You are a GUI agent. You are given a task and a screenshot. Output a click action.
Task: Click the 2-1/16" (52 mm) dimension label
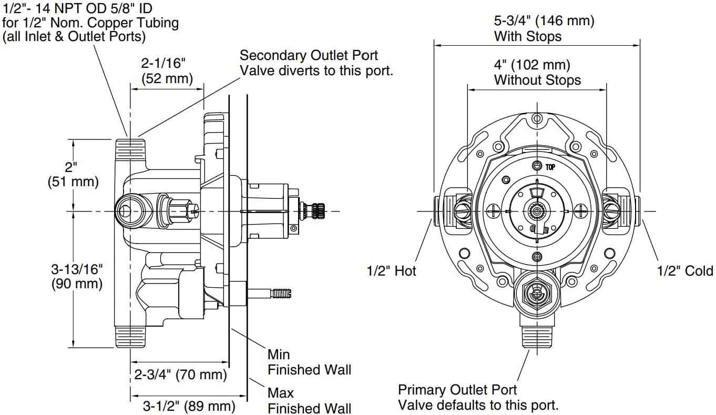coord(167,70)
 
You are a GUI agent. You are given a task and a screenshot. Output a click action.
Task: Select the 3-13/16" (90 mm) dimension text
coord(77,276)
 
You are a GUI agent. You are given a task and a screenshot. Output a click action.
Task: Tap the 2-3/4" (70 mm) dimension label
coord(180,374)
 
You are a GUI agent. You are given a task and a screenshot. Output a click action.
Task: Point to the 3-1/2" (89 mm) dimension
coord(189,406)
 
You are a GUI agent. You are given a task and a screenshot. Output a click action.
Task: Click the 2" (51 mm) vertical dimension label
coord(73,174)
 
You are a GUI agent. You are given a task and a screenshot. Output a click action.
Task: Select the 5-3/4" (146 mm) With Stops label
coord(544,28)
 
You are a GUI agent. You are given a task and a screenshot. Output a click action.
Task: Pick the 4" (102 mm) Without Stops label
coord(537,72)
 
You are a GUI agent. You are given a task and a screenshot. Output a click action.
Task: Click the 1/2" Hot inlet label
coord(391,271)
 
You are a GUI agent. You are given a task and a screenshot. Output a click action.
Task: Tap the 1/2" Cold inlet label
coord(684,271)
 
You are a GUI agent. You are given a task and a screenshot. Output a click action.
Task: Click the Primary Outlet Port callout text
coord(478,398)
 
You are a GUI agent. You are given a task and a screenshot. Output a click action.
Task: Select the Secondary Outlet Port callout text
coord(316,63)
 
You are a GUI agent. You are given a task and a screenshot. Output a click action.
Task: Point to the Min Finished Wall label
coord(309,362)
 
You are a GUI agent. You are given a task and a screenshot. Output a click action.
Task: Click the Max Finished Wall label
coord(309,401)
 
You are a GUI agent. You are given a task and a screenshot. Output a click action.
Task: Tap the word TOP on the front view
coord(550,167)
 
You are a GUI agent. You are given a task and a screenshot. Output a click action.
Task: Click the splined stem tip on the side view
coord(319,211)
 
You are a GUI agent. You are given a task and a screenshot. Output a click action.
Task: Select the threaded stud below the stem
coord(281,293)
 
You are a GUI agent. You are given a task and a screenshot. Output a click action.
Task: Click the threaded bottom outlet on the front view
coord(537,337)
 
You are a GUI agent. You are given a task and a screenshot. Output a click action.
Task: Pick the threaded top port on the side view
coord(130,149)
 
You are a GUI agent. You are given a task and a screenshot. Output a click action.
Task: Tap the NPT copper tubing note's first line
coord(77,8)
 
